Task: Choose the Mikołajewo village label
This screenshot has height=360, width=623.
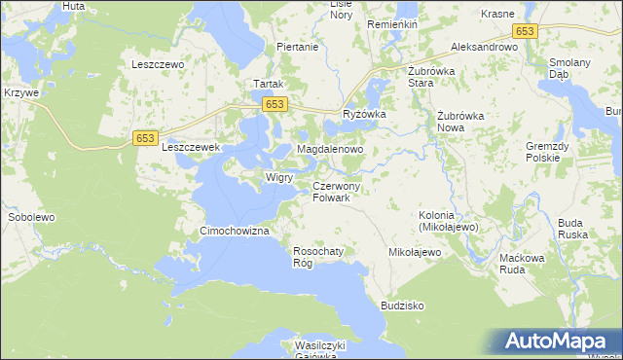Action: pyautogui.click(x=415, y=252)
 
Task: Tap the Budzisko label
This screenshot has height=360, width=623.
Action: pyautogui.click(x=403, y=305)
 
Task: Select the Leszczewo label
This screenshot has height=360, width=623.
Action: pyautogui.click(x=158, y=64)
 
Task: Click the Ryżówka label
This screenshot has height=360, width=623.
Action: pyautogui.click(x=365, y=114)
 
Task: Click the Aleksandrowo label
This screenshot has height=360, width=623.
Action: pyautogui.click(x=484, y=47)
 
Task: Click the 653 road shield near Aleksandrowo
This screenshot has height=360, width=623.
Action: pyautogui.click(x=526, y=31)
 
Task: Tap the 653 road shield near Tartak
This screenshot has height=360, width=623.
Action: pyautogui.click(x=275, y=104)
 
